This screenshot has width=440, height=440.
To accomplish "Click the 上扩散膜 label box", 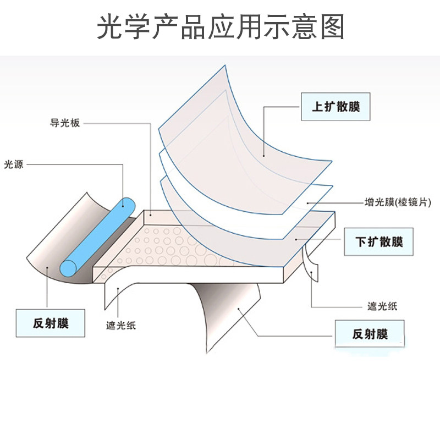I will (335, 107).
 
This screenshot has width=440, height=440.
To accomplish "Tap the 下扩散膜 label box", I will (379, 241).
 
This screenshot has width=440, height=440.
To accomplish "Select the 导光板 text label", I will (65, 123).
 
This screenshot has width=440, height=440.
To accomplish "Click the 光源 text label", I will (14, 164).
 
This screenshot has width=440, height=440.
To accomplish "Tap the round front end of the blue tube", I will (68, 267).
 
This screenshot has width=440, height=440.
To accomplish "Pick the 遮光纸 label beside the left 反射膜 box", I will (120, 326).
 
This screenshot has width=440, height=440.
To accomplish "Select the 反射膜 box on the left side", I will (51, 323).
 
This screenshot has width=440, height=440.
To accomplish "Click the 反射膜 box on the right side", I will (370, 334).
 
